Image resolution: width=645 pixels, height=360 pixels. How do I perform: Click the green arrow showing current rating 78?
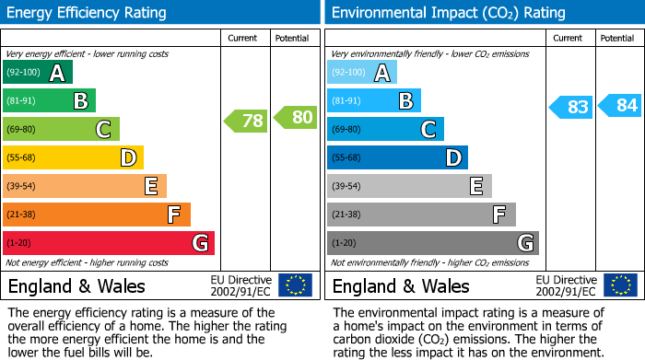(x=246, y=121)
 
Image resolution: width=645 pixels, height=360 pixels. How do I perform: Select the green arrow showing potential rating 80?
(x=295, y=117)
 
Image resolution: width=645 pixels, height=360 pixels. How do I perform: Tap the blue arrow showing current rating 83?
(x=570, y=107)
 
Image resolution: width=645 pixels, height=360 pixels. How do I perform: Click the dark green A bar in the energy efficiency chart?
(x=38, y=73)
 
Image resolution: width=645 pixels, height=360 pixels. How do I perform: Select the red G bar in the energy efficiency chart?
(x=109, y=243)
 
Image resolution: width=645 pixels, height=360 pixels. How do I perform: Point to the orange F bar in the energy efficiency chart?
(x=97, y=215)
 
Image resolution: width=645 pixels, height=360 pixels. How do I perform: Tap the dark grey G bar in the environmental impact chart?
(x=433, y=243)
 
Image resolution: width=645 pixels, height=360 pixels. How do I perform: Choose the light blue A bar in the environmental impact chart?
(x=362, y=73)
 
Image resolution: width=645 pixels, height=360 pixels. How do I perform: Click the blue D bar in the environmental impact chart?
(x=397, y=157)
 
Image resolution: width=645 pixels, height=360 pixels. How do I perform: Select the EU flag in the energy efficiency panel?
(x=295, y=285)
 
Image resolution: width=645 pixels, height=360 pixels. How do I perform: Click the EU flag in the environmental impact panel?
(x=619, y=285)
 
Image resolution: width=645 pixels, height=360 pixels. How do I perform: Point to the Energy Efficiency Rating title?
(x=88, y=13)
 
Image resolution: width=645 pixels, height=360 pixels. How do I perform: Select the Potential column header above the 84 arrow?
(x=617, y=38)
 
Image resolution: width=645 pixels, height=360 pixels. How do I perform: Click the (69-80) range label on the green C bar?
(x=22, y=130)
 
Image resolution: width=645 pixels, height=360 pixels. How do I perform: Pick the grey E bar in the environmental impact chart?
(x=409, y=186)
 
